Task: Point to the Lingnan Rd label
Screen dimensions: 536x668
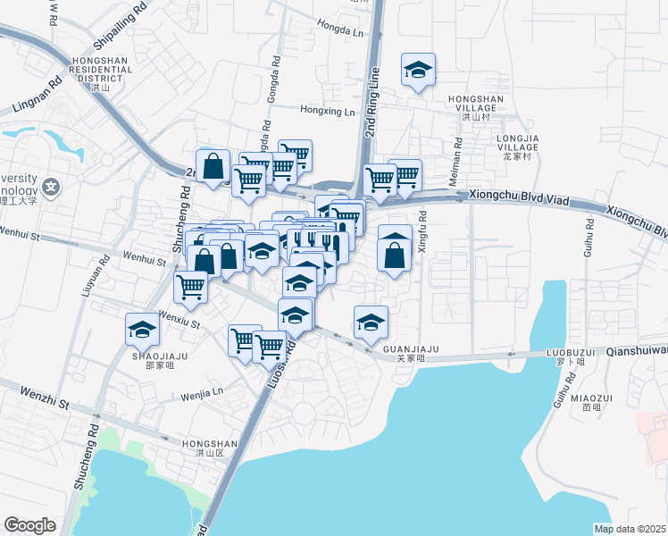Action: point(37,95)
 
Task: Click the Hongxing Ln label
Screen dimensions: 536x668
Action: point(328,112)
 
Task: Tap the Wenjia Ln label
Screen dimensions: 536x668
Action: point(202,393)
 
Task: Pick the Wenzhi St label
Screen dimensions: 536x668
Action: point(45,398)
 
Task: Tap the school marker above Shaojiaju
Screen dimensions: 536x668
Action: point(142,330)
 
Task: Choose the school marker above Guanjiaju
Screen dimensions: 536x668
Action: point(371,322)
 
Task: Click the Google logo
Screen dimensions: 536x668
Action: point(29,525)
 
